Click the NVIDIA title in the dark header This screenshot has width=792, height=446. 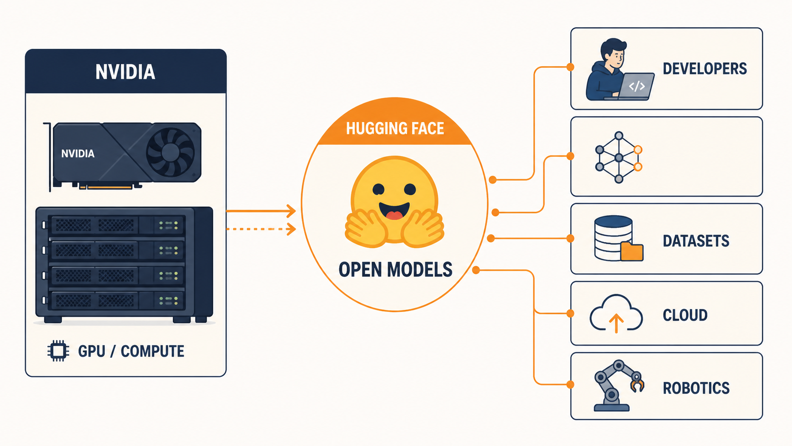(125, 72)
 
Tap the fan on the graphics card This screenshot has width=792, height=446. (170, 152)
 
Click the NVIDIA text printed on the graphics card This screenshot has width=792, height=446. (78, 154)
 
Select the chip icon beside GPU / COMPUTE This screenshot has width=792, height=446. (58, 351)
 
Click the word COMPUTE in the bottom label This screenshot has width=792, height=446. (153, 351)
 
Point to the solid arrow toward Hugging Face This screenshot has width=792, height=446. (261, 211)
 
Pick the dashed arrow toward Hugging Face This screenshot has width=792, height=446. (261, 229)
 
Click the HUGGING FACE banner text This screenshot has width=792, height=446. (395, 128)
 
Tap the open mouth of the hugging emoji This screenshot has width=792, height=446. (394, 211)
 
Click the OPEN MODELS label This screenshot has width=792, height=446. (396, 270)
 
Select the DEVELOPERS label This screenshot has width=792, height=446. (705, 69)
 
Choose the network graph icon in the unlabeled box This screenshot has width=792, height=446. (619, 157)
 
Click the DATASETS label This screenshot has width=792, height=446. (696, 241)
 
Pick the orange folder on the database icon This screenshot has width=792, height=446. (632, 252)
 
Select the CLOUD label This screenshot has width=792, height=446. (685, 315)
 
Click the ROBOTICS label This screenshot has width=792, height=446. (696, 388)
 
